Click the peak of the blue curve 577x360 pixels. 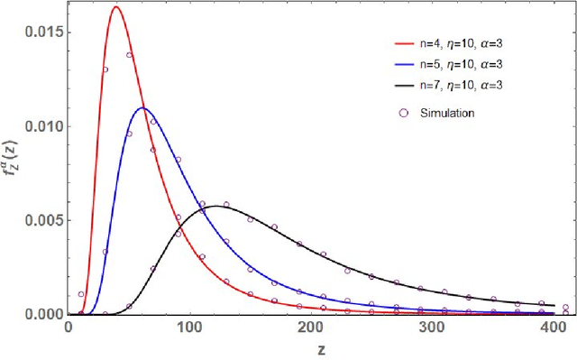[142, 108]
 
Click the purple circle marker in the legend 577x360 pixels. [403, 113]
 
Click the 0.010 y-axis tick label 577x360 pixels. [41, 125]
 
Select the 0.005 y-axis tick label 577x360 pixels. [41, 220]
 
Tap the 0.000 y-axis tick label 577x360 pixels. [41, 314]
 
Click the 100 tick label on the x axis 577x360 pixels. [190, 328]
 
